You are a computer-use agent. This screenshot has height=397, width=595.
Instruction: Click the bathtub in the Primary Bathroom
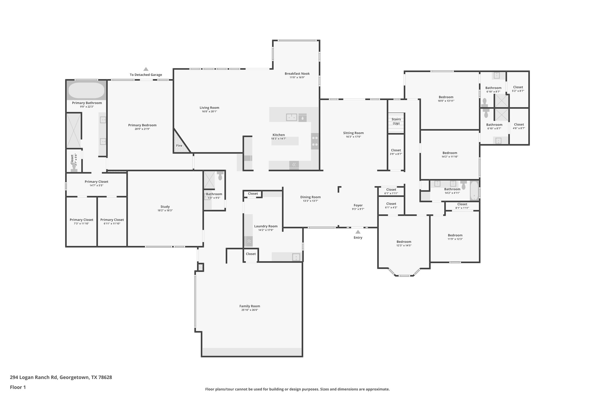(x=86, y=91)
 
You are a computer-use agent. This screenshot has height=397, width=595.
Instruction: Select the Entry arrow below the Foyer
(x=358, y=232)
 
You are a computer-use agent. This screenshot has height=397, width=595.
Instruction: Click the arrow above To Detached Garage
(x=146, y=69)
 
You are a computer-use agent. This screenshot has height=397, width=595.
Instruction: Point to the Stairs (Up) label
(x=396, y=121)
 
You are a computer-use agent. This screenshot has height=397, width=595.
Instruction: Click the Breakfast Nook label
(x=297, y=74)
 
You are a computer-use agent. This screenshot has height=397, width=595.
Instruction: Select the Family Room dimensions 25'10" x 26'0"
(x=250, y=310)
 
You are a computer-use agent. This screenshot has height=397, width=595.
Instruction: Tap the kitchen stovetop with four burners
(x=315, y=141)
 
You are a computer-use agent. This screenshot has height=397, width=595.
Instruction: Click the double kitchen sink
(x=291, y=117)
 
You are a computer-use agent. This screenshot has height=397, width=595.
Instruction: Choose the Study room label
(x=165, y=207)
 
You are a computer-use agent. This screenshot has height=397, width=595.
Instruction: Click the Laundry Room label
(x=266, y=226)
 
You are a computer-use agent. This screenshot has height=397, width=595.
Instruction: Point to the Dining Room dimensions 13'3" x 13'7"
(x=310, y=201)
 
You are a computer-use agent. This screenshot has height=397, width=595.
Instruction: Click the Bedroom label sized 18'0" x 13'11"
(x=446, y=97)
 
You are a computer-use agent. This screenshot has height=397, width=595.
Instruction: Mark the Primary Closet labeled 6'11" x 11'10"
(x=112, y=220)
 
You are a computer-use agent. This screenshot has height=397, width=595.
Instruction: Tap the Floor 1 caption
(x=18, y=387)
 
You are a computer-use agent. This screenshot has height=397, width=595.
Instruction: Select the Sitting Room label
(x=353, y=133)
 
